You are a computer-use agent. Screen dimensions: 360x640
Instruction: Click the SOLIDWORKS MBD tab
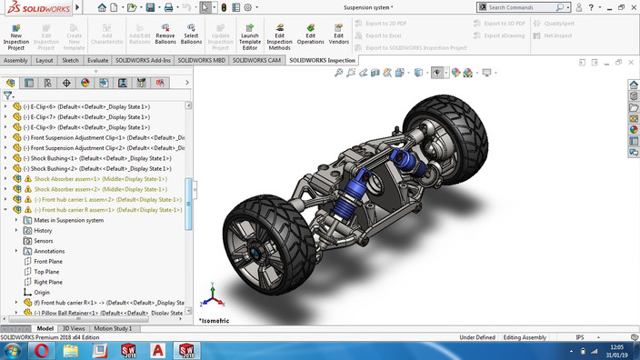tap(202, 61)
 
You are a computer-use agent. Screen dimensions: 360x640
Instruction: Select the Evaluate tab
tap(98, 61)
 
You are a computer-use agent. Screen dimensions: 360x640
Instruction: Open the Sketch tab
tap(70, 61)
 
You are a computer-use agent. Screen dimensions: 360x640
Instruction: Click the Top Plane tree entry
tap(46, 272)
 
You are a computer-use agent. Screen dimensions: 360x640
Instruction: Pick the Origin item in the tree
tap(42, 293)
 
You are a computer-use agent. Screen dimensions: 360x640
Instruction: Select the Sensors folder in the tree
tap(45, 241)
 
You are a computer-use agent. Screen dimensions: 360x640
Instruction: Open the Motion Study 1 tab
tap(113, 328)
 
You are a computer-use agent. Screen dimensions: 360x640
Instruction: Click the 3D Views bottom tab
tap(74, 328)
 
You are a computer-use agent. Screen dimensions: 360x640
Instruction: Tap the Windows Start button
tap(13, 351)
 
